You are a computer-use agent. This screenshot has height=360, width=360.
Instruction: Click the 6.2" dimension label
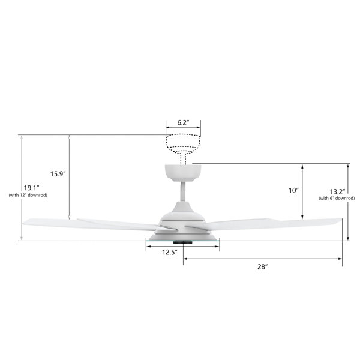point(183,122)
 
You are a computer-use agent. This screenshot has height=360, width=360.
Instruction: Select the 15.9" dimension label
point(58,174)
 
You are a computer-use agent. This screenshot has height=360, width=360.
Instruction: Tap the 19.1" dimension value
point(32,188)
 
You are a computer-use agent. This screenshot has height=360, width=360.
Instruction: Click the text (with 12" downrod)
point(28,195)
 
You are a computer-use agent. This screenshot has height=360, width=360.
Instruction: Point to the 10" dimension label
point(293,190)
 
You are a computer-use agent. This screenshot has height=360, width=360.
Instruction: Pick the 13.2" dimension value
point(337,191)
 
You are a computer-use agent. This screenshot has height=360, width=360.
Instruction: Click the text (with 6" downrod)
point(337,198)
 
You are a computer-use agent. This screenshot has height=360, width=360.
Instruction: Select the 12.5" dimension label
point(170,252)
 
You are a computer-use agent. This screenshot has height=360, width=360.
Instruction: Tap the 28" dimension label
point(263,266)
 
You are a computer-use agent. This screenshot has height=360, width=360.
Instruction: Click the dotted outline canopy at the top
point(183,142)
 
